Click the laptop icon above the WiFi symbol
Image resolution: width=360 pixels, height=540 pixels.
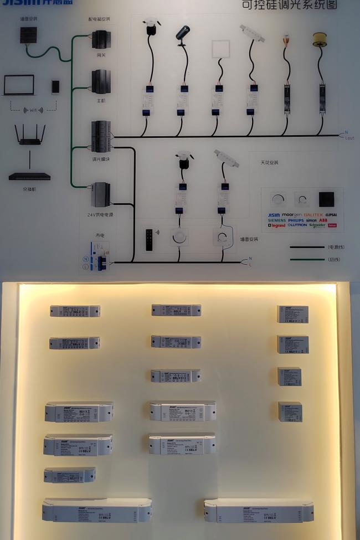19,85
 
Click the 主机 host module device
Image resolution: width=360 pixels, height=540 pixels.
101,81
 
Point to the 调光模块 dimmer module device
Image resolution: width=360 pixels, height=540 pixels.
101,136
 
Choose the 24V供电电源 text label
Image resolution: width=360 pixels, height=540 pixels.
100,214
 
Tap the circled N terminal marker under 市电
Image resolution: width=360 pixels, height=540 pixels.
86,259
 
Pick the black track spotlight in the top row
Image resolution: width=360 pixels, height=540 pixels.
182,35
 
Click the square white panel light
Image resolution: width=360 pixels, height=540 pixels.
221,49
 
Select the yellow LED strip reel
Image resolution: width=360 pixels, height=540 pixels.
320,39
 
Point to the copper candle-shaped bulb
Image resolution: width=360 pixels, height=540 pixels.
286,40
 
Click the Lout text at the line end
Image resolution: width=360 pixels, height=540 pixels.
349,138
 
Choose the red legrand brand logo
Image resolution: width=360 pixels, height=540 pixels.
276,226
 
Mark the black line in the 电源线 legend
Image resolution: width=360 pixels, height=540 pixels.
306,247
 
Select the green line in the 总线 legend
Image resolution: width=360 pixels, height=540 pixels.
306,259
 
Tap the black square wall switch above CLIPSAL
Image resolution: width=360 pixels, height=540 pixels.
327,199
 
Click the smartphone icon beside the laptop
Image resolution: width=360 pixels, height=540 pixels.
55,86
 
